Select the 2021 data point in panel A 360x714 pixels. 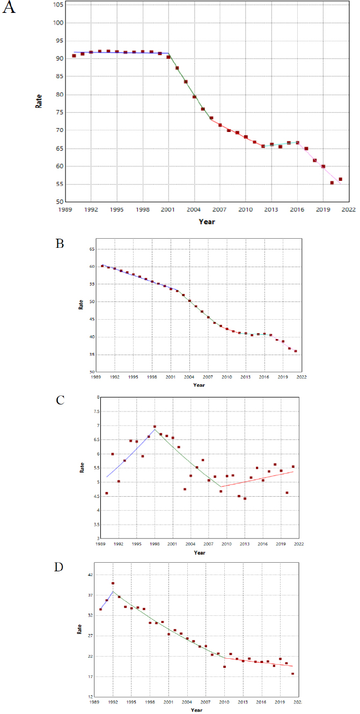coord(340,179)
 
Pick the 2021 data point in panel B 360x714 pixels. coord(296,351)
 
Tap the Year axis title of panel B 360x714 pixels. coord(199,385)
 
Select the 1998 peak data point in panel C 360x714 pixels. coord(155,427)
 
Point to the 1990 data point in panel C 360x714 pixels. coord(107,493)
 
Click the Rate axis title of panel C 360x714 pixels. coord(82,467)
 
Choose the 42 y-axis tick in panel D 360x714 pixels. coord(90,575)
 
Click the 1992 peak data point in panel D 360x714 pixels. coord(113,583)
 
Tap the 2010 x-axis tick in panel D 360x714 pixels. coord(224,702)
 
